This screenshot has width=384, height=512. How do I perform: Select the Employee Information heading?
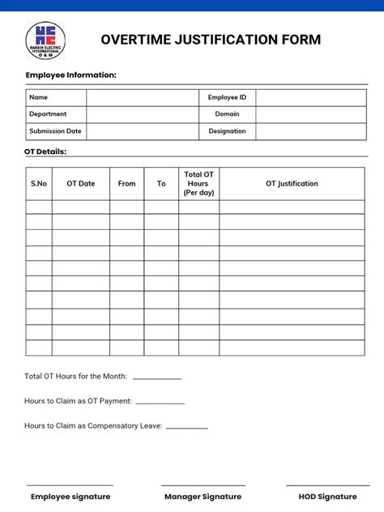coord(71,75)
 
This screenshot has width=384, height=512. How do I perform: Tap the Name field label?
coord(39,97)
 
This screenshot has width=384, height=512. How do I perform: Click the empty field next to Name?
coord(143,97)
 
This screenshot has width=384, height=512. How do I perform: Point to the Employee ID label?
coord(227,97)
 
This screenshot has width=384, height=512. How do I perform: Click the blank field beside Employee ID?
coord(311,97)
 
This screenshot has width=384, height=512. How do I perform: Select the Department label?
coord(48,114)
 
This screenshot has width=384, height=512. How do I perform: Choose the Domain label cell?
coord(227,114)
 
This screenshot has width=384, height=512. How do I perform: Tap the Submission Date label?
coord(55,131)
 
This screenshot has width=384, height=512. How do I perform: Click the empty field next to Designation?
coord(311,131)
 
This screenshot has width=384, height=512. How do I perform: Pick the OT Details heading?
coord(45,151)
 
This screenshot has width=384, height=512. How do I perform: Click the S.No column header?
coord(39,184)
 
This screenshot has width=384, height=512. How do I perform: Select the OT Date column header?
coord(81,184)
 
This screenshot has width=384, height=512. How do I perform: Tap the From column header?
coord(127,184)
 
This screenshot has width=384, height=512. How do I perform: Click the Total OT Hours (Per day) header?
coord(198,184)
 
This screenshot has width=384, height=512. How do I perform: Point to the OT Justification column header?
coord(292,184)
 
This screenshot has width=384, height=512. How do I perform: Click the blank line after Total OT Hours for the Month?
coord(157,378)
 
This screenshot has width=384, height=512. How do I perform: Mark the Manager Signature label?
coord(203,497)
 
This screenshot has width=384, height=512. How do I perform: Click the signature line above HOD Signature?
coord(327,485)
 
